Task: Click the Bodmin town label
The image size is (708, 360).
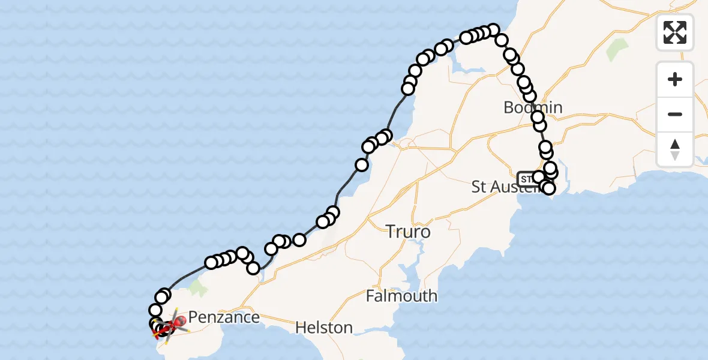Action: coord(533,107)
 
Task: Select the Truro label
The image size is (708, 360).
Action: coord(408,231)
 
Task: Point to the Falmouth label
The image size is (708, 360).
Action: coord(401,296)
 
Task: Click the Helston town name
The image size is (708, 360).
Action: coord(324,328)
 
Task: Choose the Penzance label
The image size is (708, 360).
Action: coord(224,317)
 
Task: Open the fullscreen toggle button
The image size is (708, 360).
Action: coord(675,32)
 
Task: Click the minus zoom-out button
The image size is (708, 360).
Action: coord(675,114)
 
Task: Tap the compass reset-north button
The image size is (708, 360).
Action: coord(675,149)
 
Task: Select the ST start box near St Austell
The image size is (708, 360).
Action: coord(526,179)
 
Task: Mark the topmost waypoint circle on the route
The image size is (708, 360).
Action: coord(493,29)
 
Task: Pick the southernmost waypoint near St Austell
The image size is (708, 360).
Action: coord(548,188)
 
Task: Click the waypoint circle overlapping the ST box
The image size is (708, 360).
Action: coord(538,177)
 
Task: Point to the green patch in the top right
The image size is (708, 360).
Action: coord(616,50)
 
